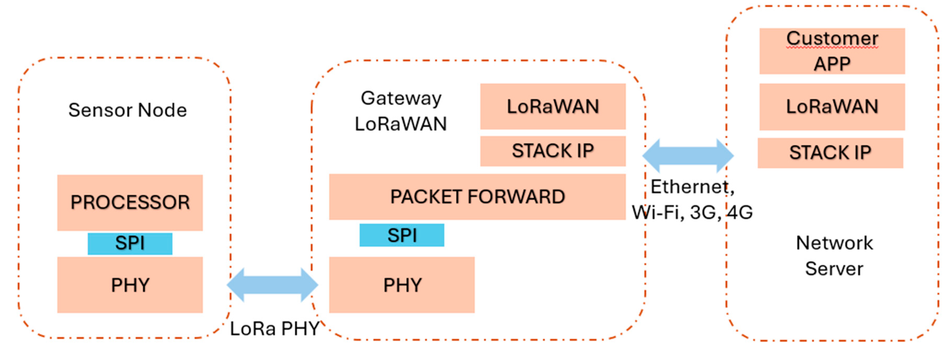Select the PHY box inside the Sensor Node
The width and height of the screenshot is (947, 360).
pyautogui.click(x=130, y=285)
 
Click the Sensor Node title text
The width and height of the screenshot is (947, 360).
pyautogui.click(x=127, y=110)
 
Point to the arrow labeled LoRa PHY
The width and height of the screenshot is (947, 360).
pyautogui.click(x=272, y=285)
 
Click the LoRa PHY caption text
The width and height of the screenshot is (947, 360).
pyautogui.click(x=274, y=328)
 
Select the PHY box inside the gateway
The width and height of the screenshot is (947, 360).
pyautogui.click(x=402, y=285)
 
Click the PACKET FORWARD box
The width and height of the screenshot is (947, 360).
pyautogui.click(x=477, y=197)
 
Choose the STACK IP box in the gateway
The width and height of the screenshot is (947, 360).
pyautogui.click(x=553, y=151)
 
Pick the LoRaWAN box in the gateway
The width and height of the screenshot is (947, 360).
pyautogui.click(x=553, y=107)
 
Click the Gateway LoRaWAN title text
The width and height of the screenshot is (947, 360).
pyautogui.click(x=401, y=111)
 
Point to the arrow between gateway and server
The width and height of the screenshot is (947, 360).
pyautogui.click(x=688, y=156)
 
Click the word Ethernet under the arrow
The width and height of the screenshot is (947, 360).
pyautogui.click(x=689, y=187)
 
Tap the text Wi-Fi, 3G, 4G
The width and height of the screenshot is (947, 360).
pyautogui.click(x=692, y=212)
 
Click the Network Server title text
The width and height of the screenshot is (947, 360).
pyautogui.click(x=834, y=256)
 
